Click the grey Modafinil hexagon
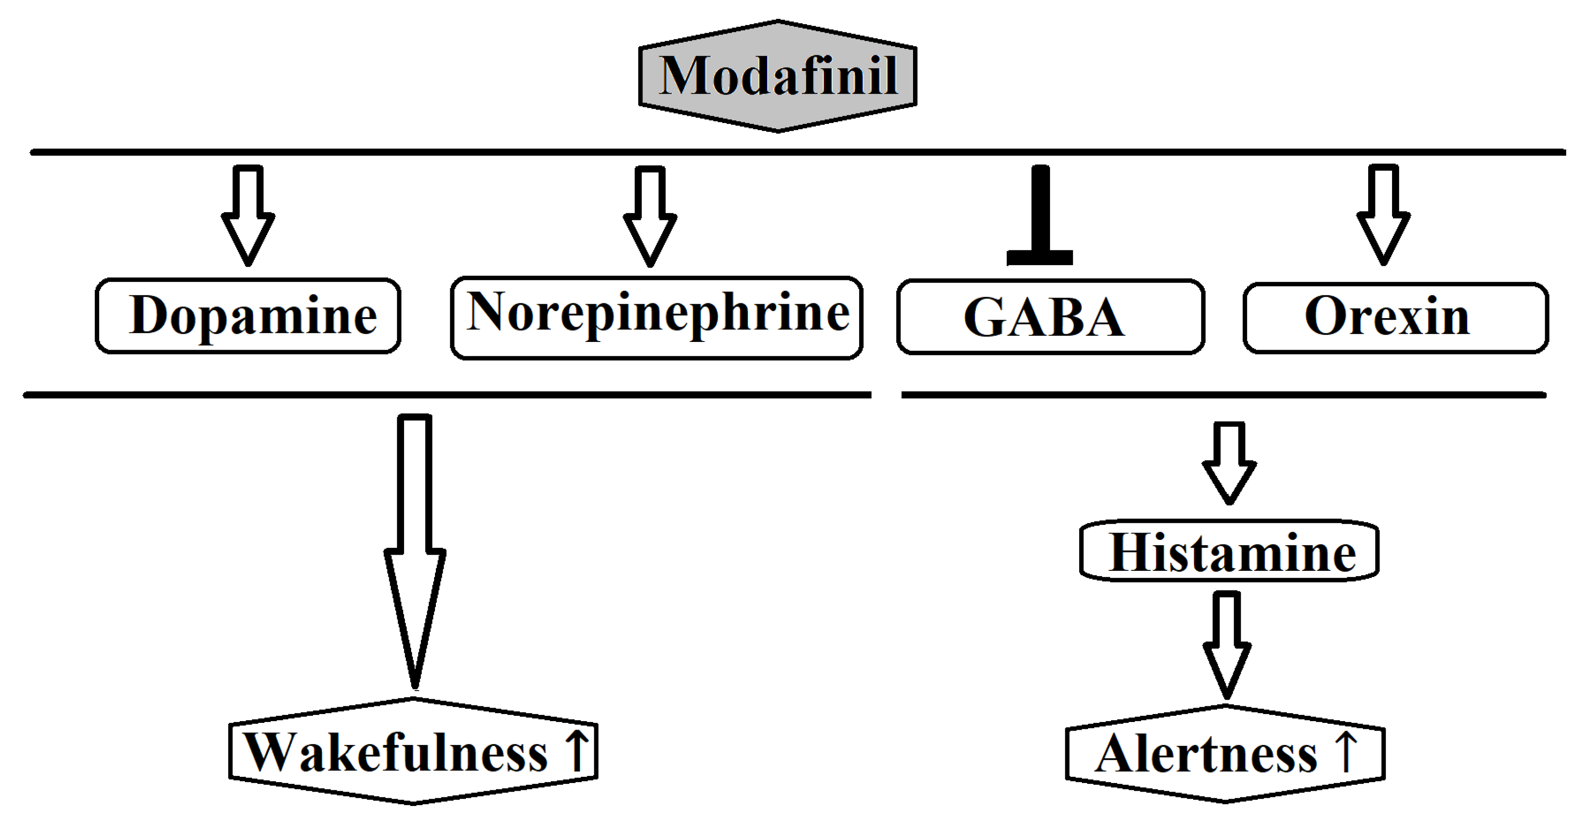777,76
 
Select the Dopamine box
248,316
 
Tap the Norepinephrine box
657,317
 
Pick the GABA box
1050,317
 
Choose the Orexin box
1395,317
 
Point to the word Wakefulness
396,753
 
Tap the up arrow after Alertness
1346,751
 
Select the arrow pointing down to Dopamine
248,215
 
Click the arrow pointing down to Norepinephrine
650,216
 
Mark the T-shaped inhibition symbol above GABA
1040,215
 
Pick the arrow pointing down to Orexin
1383,215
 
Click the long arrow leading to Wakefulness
415,552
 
